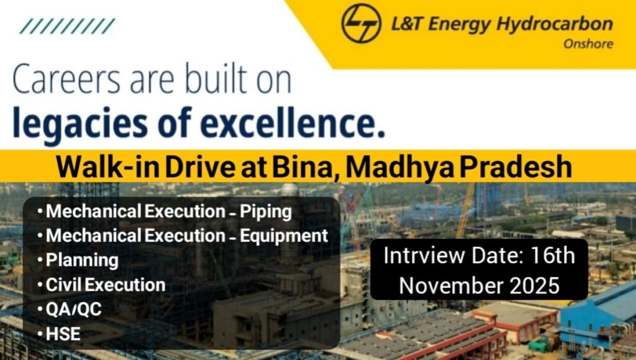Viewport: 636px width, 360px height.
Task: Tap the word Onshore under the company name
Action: tap(588, 44)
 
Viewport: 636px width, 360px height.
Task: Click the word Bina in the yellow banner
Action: tap(307, 167)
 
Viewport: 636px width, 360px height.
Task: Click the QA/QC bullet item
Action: tap(73, 309)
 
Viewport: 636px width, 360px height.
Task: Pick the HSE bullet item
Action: tap(63, 334)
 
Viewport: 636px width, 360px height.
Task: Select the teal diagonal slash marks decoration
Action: tap(67, 26)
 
